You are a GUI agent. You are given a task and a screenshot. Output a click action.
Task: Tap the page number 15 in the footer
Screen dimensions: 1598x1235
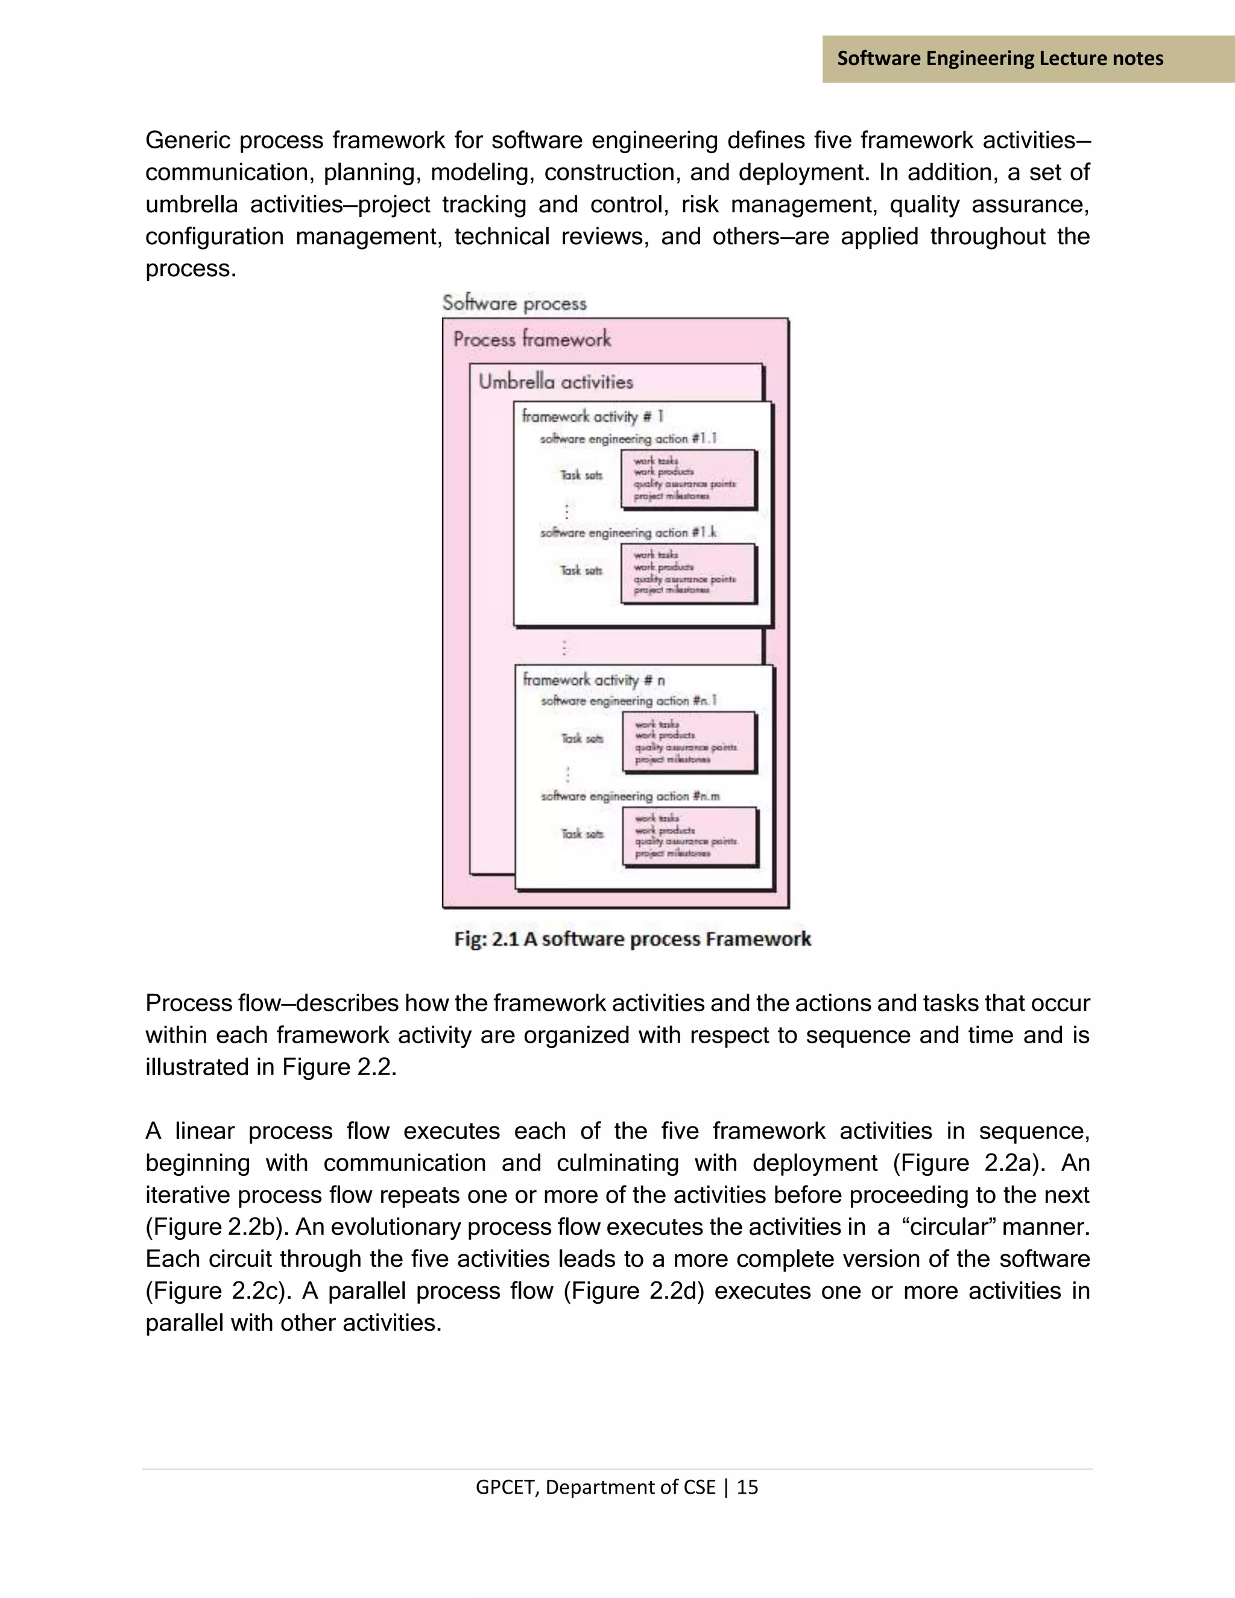click(747, 1488)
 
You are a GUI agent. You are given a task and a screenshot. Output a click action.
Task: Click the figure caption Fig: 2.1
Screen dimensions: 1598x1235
click(632, 939)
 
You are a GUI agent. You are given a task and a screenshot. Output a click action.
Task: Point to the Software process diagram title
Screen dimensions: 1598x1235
click(514, 303)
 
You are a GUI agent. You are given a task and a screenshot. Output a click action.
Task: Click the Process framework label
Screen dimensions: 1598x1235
click(532, 339)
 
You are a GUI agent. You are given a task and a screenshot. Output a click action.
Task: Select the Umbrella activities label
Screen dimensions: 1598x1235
click(555, 381)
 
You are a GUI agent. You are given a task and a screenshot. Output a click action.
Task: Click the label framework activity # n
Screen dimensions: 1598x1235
click(593, 680)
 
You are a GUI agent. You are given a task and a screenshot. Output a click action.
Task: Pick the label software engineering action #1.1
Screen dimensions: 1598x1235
click(628, 438)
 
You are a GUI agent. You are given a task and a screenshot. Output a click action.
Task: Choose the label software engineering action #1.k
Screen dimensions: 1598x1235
click(628, 532)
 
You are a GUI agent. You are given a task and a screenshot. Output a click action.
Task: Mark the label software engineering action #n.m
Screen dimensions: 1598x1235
click(630, 796)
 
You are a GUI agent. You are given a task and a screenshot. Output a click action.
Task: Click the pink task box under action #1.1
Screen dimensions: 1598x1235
click(687, 479)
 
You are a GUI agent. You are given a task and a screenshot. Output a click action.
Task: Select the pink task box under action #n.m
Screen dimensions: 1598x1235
click(689, 836)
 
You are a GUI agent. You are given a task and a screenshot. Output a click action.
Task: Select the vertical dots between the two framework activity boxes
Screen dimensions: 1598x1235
click(564, 647)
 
